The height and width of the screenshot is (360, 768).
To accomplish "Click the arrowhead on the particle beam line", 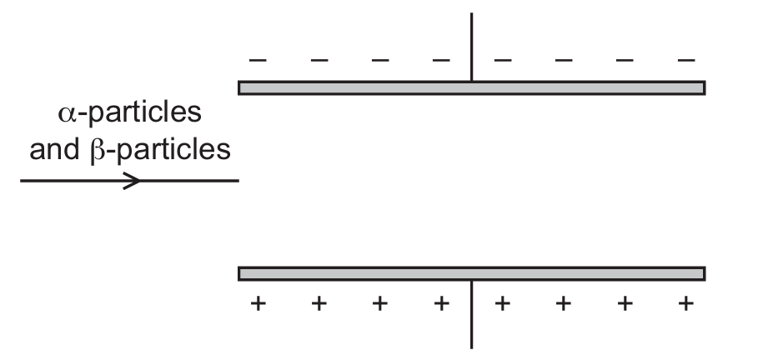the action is coord(132,181).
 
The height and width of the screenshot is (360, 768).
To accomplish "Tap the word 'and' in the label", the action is coord(54,149).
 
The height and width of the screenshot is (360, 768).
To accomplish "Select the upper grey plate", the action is coord(472,87).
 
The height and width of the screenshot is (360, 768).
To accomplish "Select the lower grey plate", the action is coord(472,274).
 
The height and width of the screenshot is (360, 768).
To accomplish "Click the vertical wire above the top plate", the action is coord(472,47).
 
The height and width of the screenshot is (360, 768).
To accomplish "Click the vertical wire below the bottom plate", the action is coord(472,314).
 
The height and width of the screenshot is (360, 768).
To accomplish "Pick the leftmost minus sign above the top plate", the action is coord(259,60).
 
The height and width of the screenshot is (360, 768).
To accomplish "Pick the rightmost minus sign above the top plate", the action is coord(686,60).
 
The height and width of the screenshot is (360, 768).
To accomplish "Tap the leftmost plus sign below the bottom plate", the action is coord(259,304).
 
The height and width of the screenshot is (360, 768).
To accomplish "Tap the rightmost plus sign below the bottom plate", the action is coord(686,304).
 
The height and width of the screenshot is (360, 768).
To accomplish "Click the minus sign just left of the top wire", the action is coord(441,60).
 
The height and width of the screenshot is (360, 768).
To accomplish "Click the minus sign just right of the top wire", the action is coord(503,60).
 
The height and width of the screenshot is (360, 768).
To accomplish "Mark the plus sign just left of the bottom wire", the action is coord(441,304).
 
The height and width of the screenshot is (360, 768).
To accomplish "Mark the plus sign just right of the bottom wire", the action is coord(502,304).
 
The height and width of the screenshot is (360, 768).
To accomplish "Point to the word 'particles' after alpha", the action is coord(145,113).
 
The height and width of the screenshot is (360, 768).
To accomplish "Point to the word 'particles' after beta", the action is coord(173,151).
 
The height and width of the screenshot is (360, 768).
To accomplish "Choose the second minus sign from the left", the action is coord(319,60).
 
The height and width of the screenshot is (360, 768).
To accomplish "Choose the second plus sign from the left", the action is coord(319,304).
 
